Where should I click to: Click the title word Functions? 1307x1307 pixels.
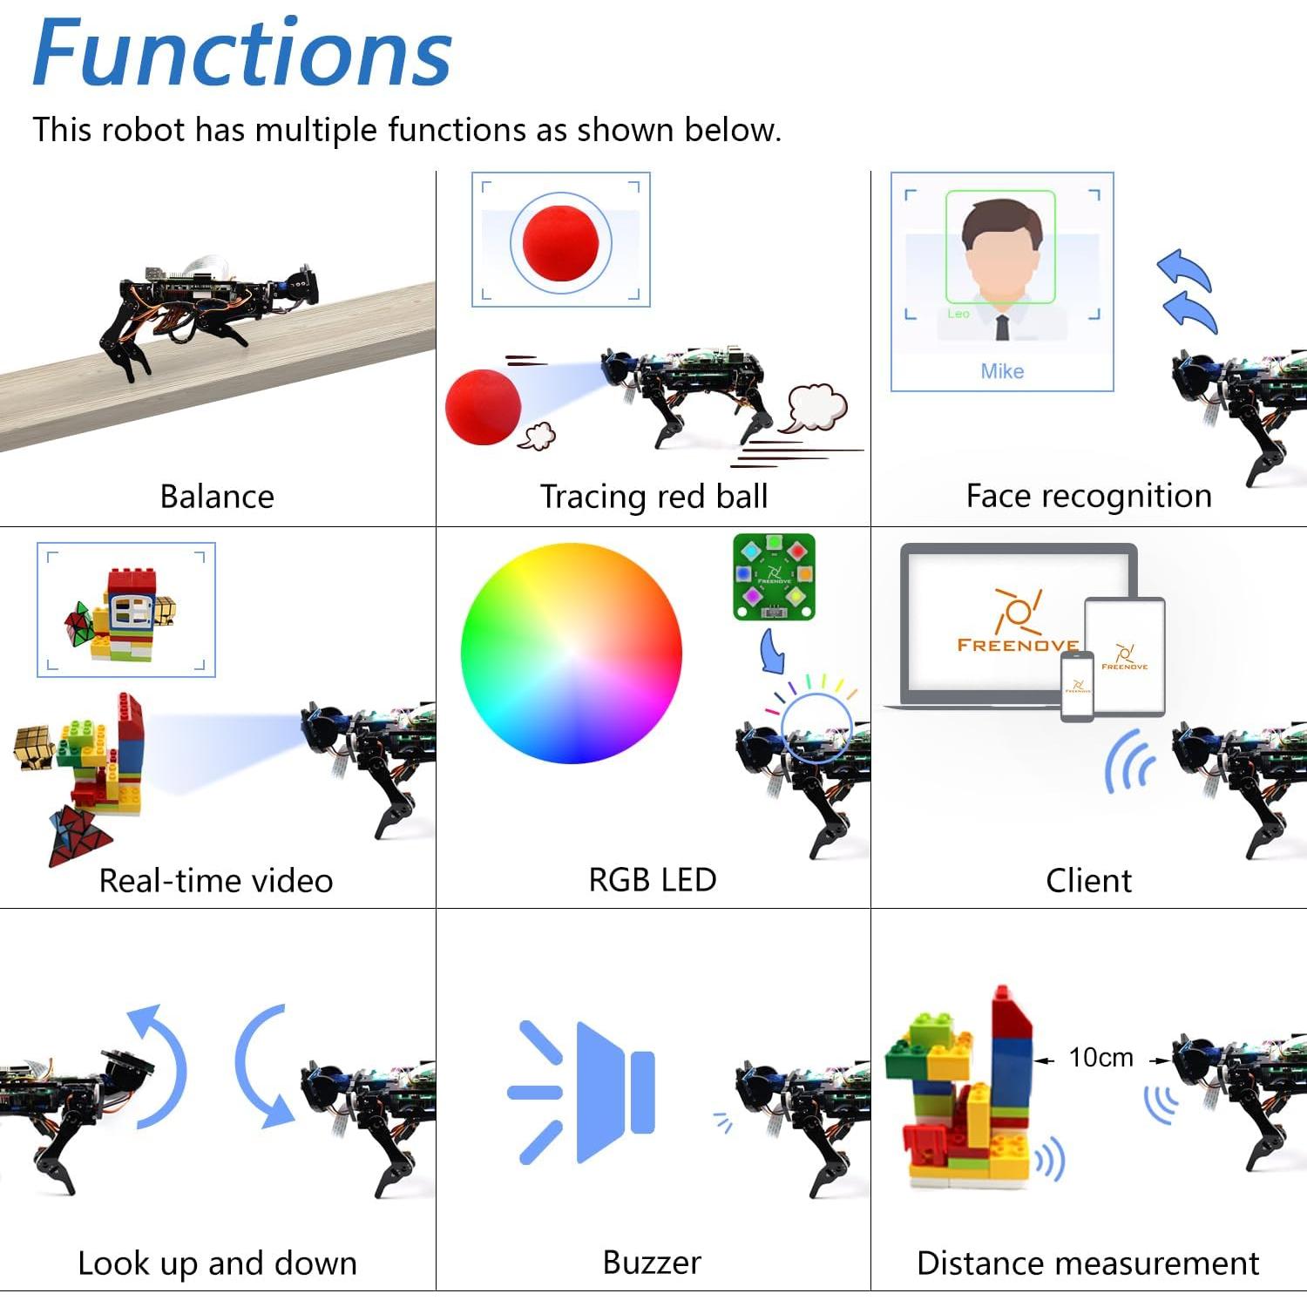coord(241,54)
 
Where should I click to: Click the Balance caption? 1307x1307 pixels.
coord(217,497)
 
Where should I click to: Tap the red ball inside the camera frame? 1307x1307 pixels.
coord(560,243)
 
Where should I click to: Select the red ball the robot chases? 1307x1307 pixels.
coord(483,407)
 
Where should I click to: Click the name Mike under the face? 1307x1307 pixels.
coord(1002,371)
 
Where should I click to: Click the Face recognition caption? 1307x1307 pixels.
coord(1088,496)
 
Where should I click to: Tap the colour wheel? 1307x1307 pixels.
coord(571,653)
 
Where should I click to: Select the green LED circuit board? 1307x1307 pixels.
coord(774,577)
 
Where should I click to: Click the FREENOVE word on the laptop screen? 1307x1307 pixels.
coord(1016,646)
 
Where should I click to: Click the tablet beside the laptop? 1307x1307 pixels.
coord(1125,656)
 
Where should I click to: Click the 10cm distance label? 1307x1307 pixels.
coord(1100,1058)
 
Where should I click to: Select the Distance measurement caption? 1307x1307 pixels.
coord(1087,1263)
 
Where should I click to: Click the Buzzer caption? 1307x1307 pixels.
coord(652,1263)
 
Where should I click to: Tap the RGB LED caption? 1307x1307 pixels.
coord(653,880)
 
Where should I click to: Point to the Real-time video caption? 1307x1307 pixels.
coord(216,881)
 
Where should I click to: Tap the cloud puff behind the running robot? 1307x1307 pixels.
coord(816,407)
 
